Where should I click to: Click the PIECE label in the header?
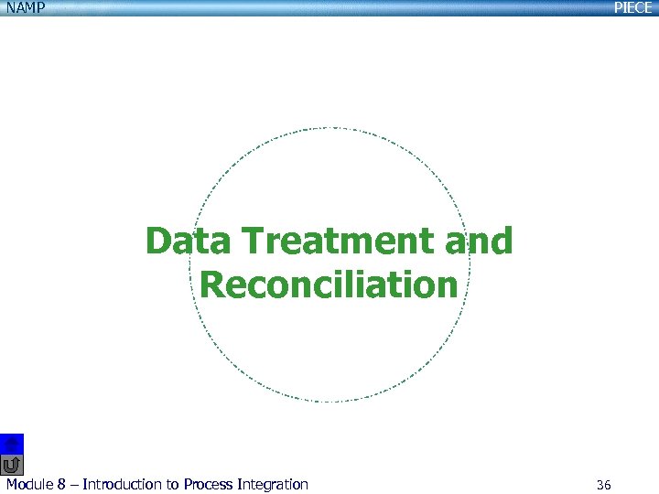pyautogui.click(x=632, y=8)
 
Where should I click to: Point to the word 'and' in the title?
pyautogui.click(x=479, y=242)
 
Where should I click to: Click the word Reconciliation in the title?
pyautogui.click(x=329, y=285)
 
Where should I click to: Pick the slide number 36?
pyautogui.click(x=603, y=485)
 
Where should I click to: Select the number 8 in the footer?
pyautogui.click(x=62, y=485)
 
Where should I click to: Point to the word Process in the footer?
pyautogui.click(x=210, y=485)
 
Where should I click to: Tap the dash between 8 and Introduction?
pyautogui.click(x=74, y=485)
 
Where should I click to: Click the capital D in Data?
pyautogui.click(x=158, y=242)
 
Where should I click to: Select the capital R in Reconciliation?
pyautogui.click(x=212, y=285)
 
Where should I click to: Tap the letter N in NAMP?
pyautogui.click(x=7, y=8)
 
